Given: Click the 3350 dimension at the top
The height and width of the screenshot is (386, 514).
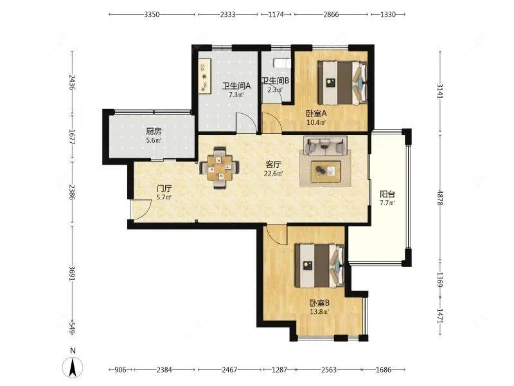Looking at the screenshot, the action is (x=152, y=14).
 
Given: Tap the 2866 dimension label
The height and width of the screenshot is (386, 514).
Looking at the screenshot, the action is (x=331, y=14).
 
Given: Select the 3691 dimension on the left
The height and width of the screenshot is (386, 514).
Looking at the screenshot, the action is (x=72, y=272).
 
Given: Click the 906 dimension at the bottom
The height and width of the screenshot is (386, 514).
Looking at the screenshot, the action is (x=120, y=370).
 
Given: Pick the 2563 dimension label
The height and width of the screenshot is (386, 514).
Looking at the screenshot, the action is (x=329, y=370).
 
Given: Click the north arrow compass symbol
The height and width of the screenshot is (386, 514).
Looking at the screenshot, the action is (x=73, y=367).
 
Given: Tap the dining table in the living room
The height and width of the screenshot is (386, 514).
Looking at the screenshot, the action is (x=220, y=168).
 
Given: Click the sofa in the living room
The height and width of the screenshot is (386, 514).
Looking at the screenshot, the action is (x=325, y=146).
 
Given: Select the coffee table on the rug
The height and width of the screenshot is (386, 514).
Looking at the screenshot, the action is (x=326, y=171).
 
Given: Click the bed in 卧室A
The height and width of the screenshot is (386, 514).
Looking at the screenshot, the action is (x=342, y=83).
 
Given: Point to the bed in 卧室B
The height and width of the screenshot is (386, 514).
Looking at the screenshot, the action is (x=319, y=266).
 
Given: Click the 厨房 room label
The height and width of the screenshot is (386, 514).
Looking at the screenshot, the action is (x=154, y=132).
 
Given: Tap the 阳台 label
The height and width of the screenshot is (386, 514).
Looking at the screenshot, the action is (x=387, y=194).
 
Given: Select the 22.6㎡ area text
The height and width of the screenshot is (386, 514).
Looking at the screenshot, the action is (x=274, y=174).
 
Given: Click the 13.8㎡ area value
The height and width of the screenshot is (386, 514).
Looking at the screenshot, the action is (x=319, y=312).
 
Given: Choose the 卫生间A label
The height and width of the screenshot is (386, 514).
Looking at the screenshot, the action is (x=236, y=86).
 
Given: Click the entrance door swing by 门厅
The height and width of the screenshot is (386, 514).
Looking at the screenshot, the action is (x=141, y=209).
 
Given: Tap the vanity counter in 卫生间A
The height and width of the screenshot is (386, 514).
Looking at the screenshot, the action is (x=205, y=76).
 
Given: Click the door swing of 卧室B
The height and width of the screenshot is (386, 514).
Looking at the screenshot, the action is (x=277, y=235).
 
